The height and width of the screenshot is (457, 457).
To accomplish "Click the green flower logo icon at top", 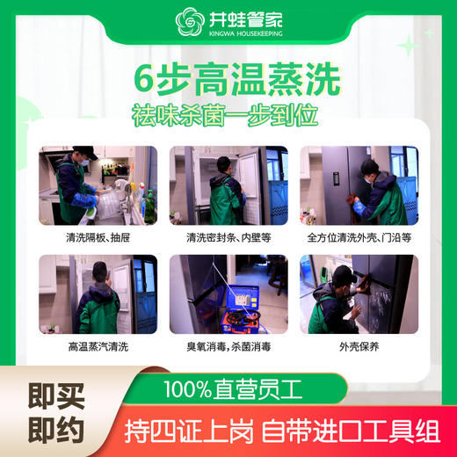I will click(189, 22).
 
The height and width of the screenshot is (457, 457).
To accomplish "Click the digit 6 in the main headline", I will click(145, 80).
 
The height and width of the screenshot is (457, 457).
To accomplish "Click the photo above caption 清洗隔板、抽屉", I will click(98, 185).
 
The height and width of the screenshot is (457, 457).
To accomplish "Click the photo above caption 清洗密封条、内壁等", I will click(228, 185).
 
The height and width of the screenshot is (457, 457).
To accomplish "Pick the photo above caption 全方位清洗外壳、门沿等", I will click(359, 185).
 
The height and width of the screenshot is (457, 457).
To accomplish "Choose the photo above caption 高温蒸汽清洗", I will click(98, 294).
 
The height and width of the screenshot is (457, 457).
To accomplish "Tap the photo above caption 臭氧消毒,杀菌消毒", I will click(228, 294).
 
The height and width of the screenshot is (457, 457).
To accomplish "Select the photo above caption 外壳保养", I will click(359, 294).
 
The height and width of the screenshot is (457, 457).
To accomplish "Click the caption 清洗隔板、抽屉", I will click(98, 238).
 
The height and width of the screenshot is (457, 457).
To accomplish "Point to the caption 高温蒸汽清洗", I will click(98, 347).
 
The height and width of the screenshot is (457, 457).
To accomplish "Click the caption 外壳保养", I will click(359, 347).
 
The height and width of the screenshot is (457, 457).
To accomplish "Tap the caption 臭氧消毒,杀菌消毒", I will click(228, 347).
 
